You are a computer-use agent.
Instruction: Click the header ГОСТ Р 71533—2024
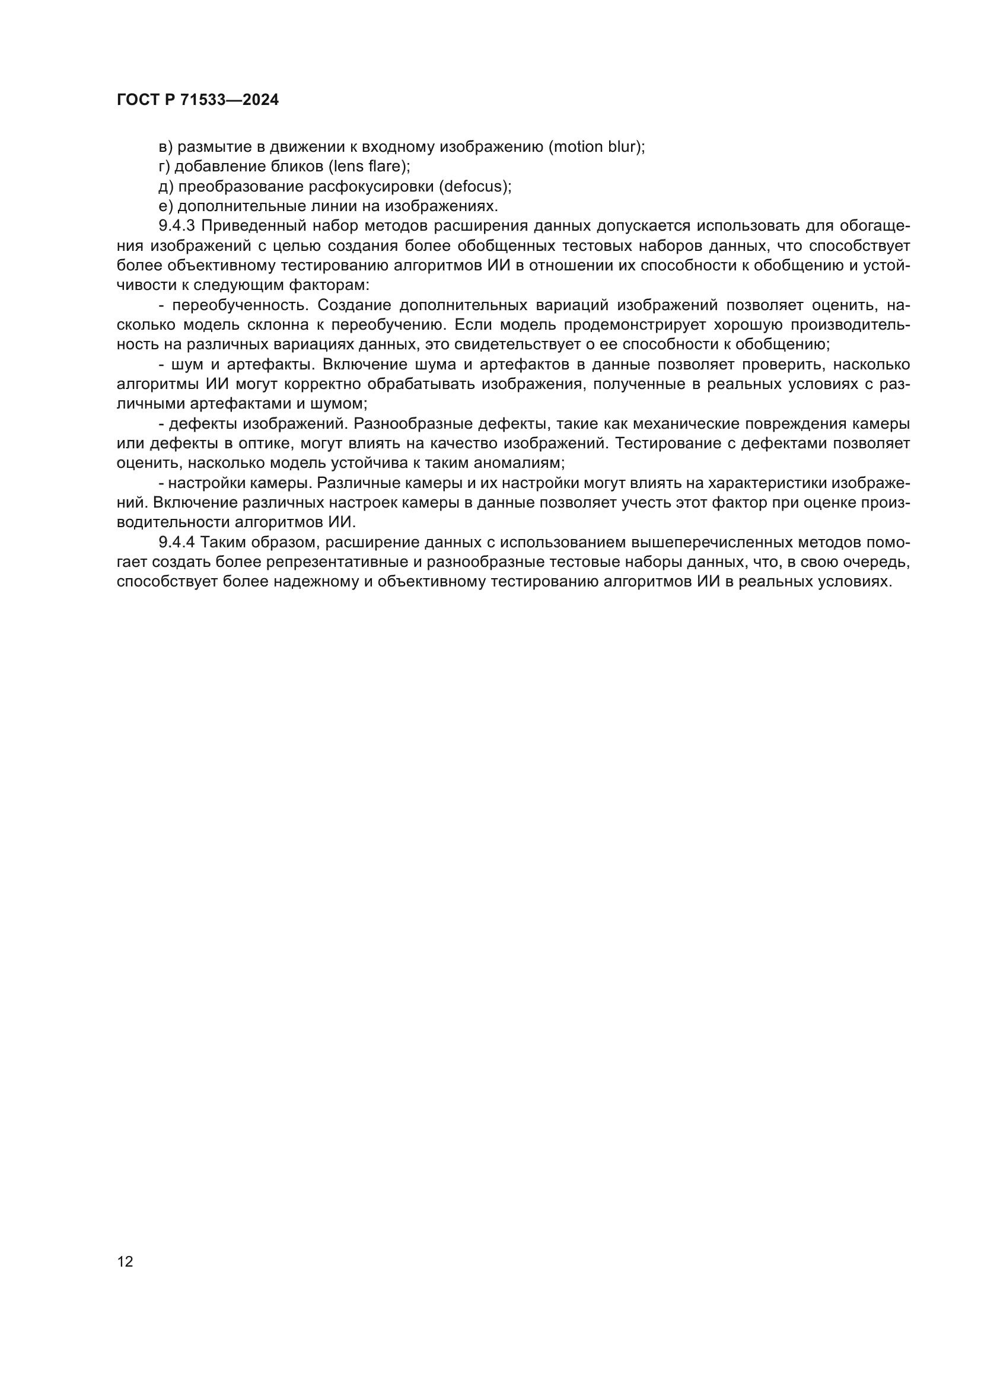click(x=198, y=100)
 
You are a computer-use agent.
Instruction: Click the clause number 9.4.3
click(x=177, y=226)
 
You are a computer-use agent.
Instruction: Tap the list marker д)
click(x=165, y=186)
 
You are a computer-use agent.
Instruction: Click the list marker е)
click(x=165, y=206)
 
